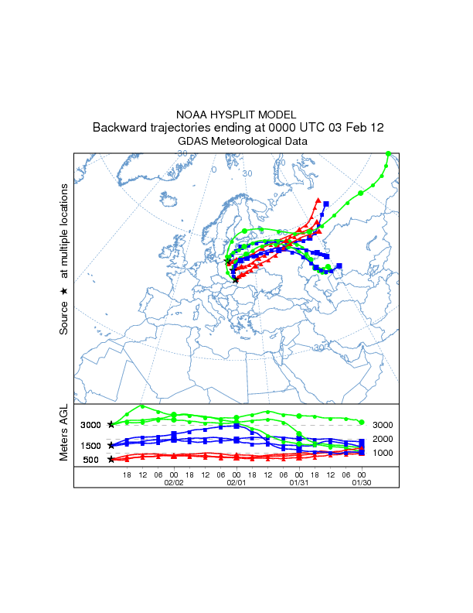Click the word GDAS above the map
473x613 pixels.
click(x=193, y=142)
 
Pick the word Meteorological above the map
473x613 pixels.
click(x=249, y=142)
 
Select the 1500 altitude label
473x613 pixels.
click(x=91, y=446)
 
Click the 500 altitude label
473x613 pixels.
click(x=91, y=460)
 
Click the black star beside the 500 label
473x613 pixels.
click(x=111, y=460)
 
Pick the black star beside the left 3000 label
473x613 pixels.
click(x=111, y=424)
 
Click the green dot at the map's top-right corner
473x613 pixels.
click(x=389, y=154)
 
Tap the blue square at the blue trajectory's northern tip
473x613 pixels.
click(x=326, y=204)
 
